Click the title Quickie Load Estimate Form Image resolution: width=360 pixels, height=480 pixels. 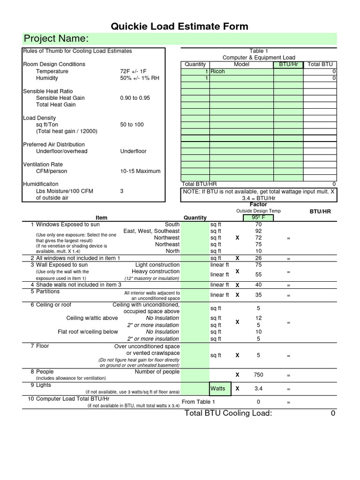point(180,26)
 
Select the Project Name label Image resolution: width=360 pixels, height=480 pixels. point(56,38)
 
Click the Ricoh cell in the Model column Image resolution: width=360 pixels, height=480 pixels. point(218,71)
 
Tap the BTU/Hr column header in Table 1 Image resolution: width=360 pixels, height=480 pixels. point(288,64)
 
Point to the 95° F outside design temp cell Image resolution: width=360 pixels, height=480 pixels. point(258,217)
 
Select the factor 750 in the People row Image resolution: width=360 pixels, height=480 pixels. point(258,375)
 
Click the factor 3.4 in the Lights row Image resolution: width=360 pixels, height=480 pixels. point(258,389)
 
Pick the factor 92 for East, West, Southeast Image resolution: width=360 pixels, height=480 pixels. point(258,231)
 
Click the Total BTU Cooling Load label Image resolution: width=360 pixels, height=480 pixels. point(228,413)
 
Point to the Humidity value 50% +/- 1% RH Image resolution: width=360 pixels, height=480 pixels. point(140,78)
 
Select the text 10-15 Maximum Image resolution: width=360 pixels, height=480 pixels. point(140,171)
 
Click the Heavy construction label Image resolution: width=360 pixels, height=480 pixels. point(156,271)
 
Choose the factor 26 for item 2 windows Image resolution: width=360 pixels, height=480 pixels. point(258,258)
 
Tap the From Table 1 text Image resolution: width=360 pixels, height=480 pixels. point(198,402)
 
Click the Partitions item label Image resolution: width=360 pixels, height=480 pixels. point(48,291)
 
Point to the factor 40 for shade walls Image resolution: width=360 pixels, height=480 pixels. point(258,285)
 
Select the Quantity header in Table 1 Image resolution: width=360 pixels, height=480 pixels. point(195,64)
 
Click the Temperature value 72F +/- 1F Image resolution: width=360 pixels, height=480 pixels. point(134,71)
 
